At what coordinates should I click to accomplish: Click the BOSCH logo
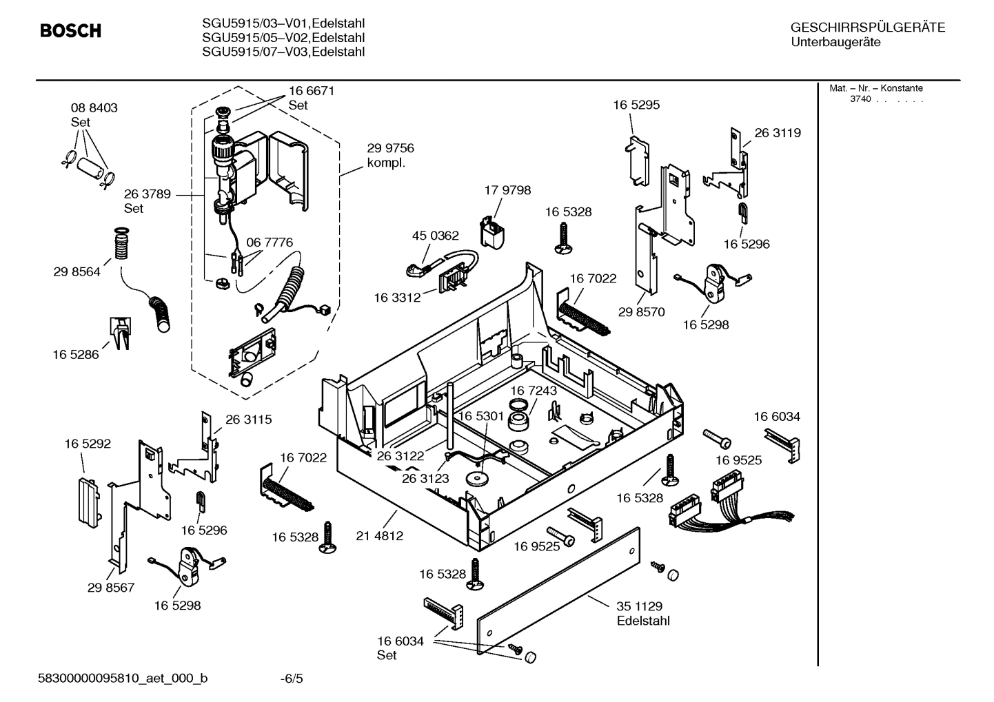[x=70, y=31]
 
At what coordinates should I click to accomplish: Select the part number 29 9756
[x=390, y=148]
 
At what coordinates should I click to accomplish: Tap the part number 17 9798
[x=507, y=190]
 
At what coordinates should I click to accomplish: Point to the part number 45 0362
[x=435, y=236]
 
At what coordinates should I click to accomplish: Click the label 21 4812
[x=379, y=535]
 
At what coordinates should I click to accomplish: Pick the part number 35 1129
[x=639, y=606]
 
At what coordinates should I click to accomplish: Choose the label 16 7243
[x=534, y=391]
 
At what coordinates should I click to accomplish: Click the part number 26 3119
[x=778, y=133]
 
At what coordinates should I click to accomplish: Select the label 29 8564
[x=77, y=271]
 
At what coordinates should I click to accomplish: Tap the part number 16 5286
[x=76, y=354]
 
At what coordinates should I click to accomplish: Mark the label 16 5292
[x=88, y=444]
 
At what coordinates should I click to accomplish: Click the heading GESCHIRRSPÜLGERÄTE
[x=867, y=28]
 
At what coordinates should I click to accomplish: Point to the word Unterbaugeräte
[x=835, y=43]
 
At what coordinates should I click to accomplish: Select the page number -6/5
[x=291, y=679]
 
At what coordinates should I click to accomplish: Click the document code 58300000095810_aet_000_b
[x=122, y=679]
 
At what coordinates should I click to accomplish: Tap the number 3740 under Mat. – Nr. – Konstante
[x=860, y=99]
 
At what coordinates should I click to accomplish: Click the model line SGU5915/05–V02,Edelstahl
[x=283, y=38]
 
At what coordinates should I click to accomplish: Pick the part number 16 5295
[x=636, y=105]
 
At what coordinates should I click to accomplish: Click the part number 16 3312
[x=397, y=298]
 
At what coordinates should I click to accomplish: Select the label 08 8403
[x=94, y=108]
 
